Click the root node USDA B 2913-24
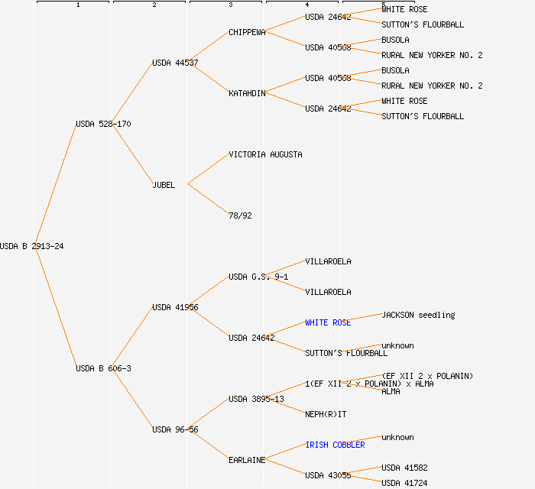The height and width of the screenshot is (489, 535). point(32,246)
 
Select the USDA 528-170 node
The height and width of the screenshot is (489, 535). point(103,124)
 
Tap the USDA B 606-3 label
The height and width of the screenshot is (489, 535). point(103,368)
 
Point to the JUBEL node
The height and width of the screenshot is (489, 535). point(164,185)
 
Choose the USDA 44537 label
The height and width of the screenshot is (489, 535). point(175,63)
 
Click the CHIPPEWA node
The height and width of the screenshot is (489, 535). point(247,32)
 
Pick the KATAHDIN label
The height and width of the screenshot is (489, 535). point(247,93)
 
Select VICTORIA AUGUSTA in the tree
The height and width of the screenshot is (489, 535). point(265,154)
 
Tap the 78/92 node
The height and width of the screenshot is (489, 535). point(240,215)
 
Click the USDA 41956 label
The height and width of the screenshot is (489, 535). point(175,307)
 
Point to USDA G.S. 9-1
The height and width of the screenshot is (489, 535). point(258,277)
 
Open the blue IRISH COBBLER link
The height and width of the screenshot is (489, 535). point(335,445)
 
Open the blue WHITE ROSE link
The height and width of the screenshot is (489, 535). point(328,322)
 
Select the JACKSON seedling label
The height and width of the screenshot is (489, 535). point(418,315)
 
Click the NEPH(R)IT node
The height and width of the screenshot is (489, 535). point(326,414)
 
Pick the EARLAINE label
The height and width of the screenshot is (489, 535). point(247,460)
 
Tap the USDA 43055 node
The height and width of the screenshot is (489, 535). point(328,475)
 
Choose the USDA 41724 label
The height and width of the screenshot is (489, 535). point(404,483)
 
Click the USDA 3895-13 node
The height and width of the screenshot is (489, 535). point(256,399)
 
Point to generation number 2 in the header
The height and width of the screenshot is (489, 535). point(154,5)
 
